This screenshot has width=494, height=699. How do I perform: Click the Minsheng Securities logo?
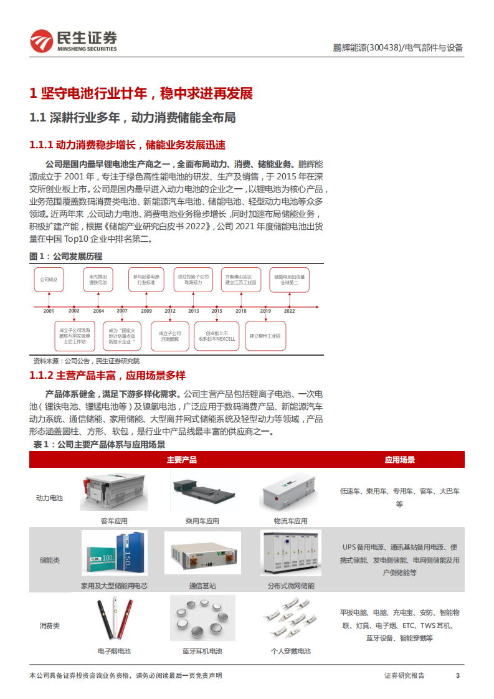click(x=74, y=41)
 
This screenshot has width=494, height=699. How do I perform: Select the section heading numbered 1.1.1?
click(x=127, y=145)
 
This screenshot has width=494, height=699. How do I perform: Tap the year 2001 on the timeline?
click(x=49, y=310)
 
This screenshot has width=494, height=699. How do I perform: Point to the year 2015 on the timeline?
click(x=216, y=310)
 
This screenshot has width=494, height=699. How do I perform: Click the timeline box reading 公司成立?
click(x=49, y=280)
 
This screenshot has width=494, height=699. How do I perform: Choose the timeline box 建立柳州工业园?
click(x=265, y=336)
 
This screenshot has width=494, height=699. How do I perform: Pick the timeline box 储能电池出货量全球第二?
click(x=290, y=280)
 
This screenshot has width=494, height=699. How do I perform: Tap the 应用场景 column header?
click(x=399, y=460)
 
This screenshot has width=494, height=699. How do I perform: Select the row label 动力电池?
click(x=49, y=498)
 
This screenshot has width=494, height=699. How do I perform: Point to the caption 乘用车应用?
click(x=202, y=521)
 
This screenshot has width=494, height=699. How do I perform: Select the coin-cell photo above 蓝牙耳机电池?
click(x=202, y=617)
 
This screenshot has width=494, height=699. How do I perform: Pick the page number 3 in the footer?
click(x=458, y=675)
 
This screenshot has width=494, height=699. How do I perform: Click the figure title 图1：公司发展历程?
click(x=66, y=256)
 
